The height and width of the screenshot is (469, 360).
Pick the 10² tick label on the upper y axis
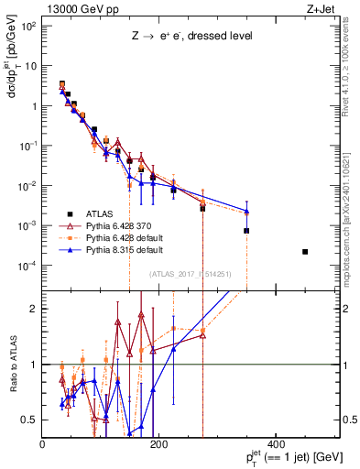(29, 26)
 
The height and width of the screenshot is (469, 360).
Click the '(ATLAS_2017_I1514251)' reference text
(190, 274)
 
